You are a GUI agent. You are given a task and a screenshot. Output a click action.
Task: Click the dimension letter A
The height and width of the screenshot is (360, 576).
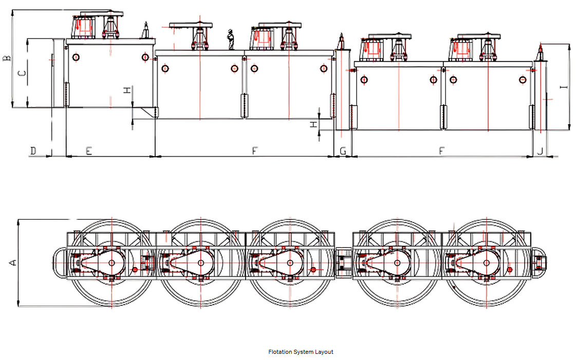pos(14,262)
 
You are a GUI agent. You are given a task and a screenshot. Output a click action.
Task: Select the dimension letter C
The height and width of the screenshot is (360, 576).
pos(22,73)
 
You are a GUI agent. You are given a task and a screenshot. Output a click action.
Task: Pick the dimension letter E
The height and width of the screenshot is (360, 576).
pos(89,151)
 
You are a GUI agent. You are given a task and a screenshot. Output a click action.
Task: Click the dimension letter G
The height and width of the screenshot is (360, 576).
pos(343,151)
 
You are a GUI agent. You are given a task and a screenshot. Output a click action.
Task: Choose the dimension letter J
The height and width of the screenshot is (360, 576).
pos(540,151)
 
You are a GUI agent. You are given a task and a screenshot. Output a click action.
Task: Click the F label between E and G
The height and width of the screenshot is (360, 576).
pos(254,151)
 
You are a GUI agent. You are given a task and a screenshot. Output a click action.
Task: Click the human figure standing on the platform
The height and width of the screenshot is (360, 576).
pos(231,40)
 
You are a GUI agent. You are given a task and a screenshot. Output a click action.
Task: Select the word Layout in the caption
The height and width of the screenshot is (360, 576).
pos(324,352)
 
